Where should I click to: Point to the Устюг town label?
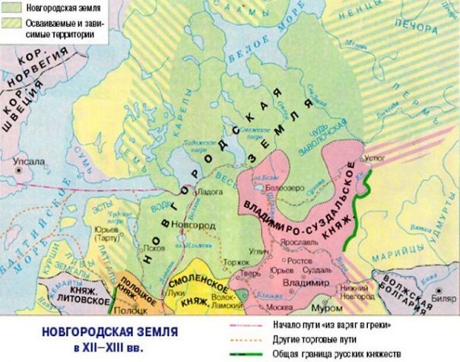(376, 160)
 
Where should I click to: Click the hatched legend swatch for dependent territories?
(10, 24)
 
